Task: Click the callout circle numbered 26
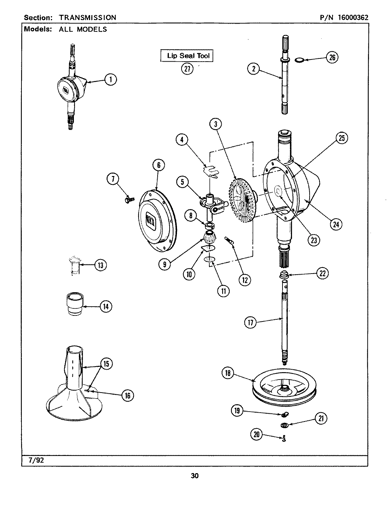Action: (x=332, y=57)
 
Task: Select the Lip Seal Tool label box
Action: (x=187, y=56)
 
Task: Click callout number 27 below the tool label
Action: (x=187, y=68)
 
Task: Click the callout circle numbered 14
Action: (x=105, y=306)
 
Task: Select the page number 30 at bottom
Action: (x=195, y=476)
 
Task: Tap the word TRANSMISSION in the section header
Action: (x=88, y=17)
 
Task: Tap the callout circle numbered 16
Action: (x=127, y=395)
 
